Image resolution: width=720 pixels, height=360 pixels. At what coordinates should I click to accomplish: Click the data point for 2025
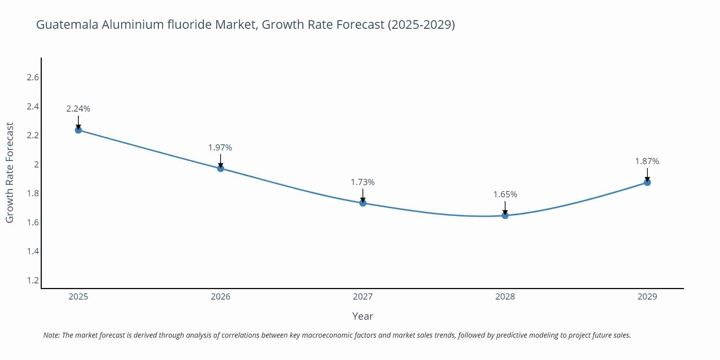click(78, 130)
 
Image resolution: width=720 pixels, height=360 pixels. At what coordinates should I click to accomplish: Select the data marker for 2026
click(221, 168)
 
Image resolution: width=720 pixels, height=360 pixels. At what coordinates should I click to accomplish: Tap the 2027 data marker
click(363, 203)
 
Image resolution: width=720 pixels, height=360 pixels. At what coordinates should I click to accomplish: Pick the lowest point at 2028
click(505, 216)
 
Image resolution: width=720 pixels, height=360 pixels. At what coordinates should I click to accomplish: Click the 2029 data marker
click(647, 183)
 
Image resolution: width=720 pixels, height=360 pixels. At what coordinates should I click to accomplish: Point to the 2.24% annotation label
click(78, 109)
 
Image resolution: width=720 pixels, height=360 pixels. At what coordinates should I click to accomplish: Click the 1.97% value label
click(220, 148)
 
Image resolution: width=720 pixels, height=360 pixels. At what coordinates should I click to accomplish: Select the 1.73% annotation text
click(363, 182)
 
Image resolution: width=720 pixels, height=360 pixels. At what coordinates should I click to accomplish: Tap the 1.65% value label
click(505, 194)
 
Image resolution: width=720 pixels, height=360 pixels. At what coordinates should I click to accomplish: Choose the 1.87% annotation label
click(647, 161)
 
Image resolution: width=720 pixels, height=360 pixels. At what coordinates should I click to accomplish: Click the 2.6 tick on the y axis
click(33, 77)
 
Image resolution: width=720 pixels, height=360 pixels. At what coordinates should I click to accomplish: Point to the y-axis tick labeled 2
click(36, 165)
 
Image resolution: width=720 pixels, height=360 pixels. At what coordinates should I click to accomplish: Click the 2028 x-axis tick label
click(505, 297)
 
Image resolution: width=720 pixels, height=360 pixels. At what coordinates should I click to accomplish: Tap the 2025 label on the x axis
click(78, 297)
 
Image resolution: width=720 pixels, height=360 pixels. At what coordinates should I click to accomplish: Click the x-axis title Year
click(363, 316)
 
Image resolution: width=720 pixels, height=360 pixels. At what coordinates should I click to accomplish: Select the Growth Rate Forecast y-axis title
click(10, 172)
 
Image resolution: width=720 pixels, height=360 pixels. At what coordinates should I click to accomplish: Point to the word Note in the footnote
click(51, 335)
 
